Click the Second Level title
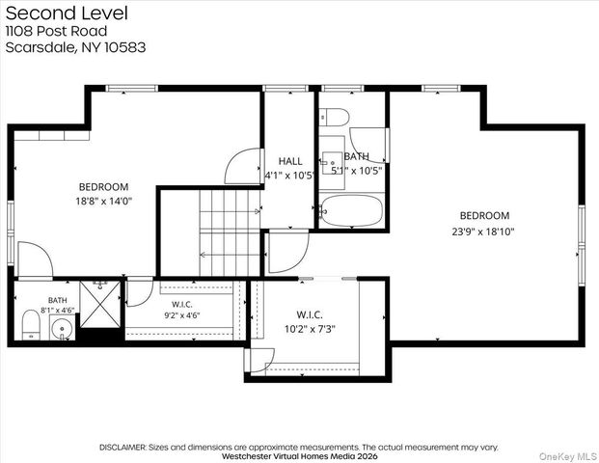point(67,13)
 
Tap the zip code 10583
point(125,47)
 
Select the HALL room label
point(290,161)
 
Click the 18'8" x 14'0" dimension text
point(104,202)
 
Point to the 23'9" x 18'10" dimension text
point(483,231)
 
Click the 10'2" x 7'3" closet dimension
point(310,329)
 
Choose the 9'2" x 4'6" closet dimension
point(182,315)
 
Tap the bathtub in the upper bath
point(352,210)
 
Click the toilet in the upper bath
point(335,117)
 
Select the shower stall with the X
point(100,304)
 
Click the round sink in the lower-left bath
point(63,329)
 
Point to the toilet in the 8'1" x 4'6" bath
point(31,325)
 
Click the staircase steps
point(230,232)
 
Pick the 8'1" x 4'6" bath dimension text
point(58,311)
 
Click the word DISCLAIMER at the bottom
point(123,447)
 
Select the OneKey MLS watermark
point(568,456)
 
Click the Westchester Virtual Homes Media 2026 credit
point(299,456)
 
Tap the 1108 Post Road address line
point(56,31)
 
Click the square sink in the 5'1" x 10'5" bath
point(332,163)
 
